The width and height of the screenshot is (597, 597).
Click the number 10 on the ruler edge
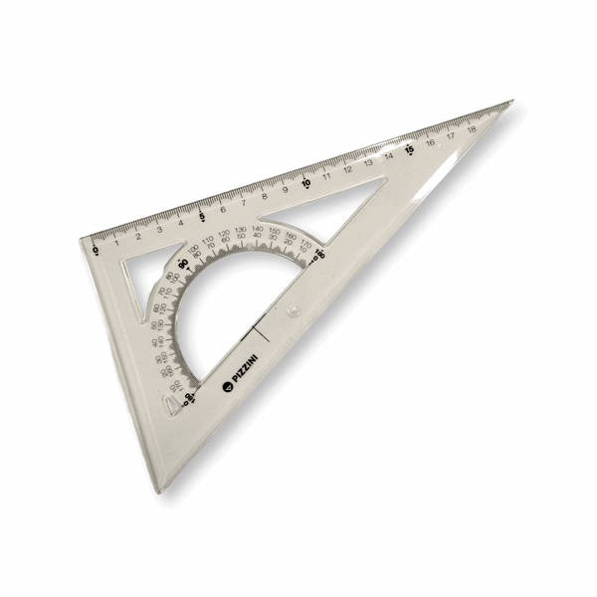pyautogui.click(x=306, y=182)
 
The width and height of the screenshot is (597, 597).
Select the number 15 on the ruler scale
pyautogui.click(x=409, y=150)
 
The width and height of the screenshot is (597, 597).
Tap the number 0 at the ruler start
pyautogui.click(x=96, y=250)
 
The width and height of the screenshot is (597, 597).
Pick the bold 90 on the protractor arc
pyautogui.click(x=184, y=262)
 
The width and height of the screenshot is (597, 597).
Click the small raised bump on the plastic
pyautogui.click(x=292, y=312)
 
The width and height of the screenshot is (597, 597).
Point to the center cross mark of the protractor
pyautogui.click(x=256, y=327)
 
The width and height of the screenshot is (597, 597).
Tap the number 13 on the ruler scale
pyautogui.click(x=368, y=162)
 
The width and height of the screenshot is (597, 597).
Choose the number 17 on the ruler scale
pyautogui.click(x=451, y=136)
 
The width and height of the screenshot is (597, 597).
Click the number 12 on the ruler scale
pyautogui.click(x=348, y=169)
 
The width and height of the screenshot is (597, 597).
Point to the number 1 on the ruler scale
pyautogui.click(x=117, y=241)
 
